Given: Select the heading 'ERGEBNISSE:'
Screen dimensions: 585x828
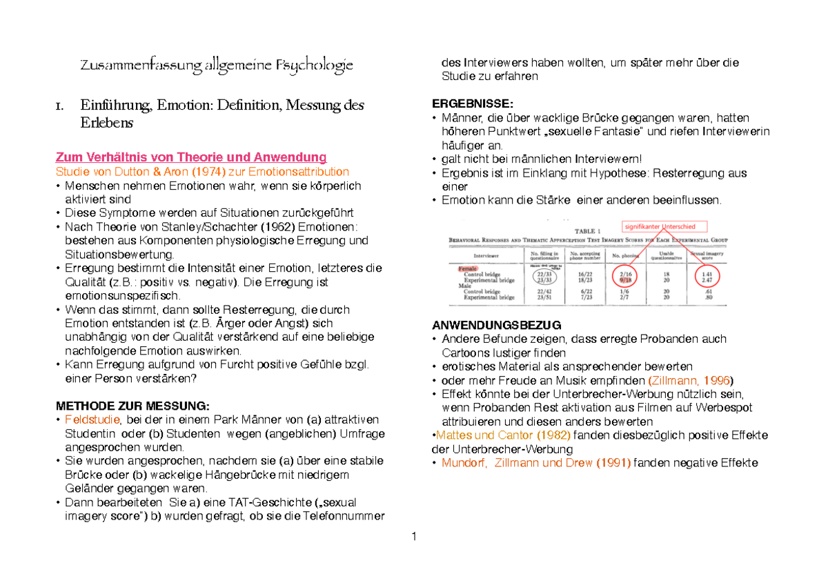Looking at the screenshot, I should [472, 103].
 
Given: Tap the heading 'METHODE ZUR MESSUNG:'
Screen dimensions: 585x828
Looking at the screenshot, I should [131, 406].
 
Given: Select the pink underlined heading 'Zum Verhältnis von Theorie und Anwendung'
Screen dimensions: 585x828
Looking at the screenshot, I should [190, 157].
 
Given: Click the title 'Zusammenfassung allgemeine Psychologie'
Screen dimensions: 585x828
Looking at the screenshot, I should [216, 66].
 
